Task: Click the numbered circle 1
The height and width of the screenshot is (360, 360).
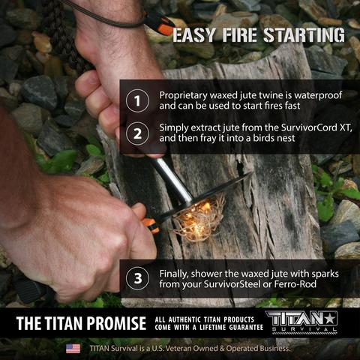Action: click(x=136, y=100)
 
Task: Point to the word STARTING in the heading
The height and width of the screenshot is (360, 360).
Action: click(x=304, y=35)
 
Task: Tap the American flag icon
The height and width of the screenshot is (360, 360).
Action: click(x=73, y=349)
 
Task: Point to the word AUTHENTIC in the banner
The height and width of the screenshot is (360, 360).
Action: click(x=191, y=318)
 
